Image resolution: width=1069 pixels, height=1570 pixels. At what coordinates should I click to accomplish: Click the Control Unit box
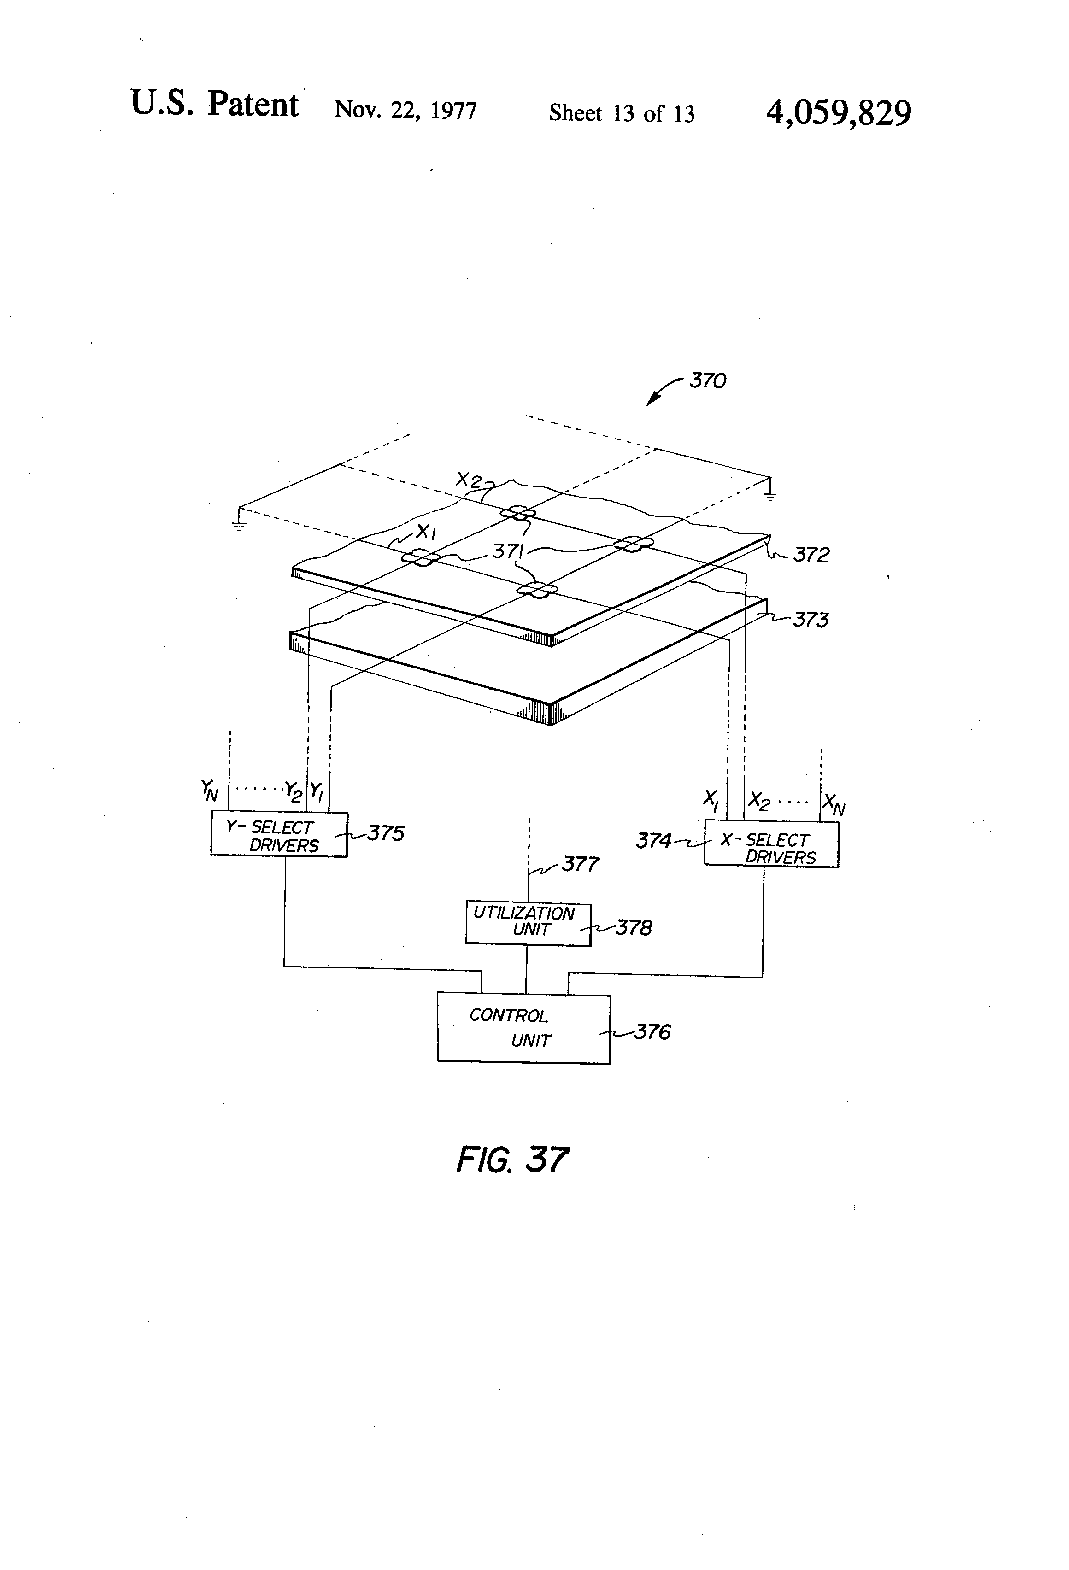tap(524, 1029)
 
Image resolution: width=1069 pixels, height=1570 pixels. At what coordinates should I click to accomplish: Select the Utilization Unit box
tap(528, 924)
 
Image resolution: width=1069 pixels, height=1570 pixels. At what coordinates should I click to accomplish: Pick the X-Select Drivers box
tap(771, 844)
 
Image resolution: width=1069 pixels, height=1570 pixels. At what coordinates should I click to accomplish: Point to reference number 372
tap(811, 555)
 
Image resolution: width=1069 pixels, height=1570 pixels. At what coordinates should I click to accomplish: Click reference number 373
tap(810, 620)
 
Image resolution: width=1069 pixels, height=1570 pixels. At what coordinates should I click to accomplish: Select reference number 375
tap(386, 834)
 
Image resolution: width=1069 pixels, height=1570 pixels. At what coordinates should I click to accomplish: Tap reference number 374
tap(653, 841)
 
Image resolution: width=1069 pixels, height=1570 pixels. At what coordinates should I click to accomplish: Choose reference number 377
tap(581, 864)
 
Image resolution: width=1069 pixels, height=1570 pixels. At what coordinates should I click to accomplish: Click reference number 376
tap(652, 1032)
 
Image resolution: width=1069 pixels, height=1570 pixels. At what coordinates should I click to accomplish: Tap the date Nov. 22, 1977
tap(405, 110)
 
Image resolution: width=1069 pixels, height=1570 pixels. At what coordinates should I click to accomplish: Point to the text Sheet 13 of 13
tap(622, 113)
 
